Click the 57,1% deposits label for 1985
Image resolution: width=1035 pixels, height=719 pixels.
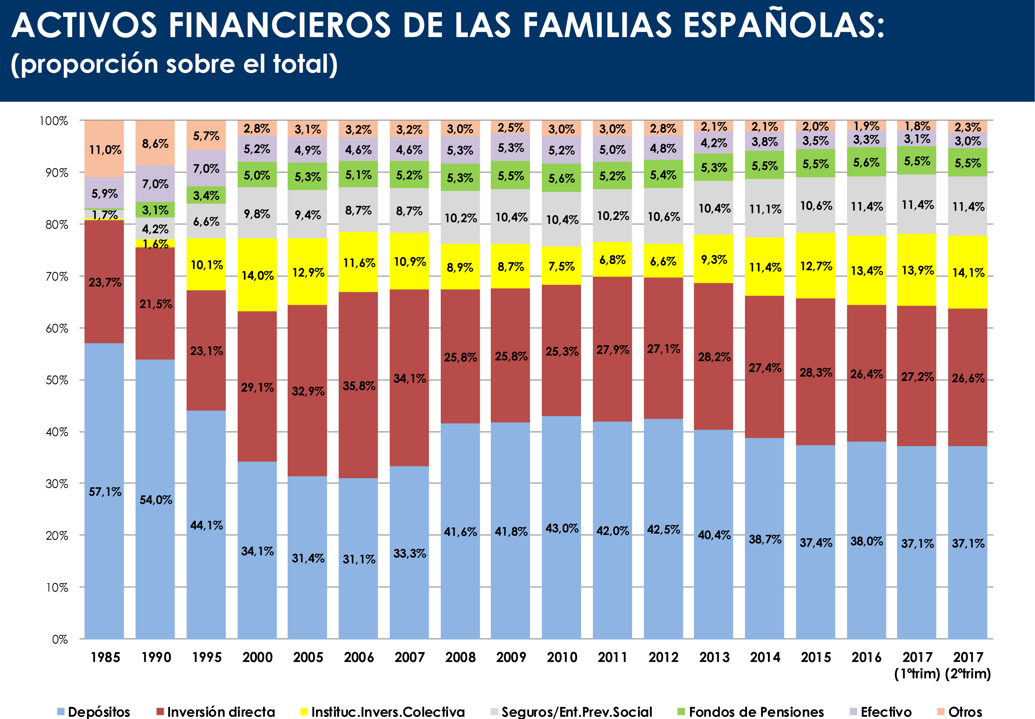pyautogui.click(x=105, y=492)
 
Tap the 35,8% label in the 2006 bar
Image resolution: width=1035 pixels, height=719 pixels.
pyautogui.click(x=359, y=386)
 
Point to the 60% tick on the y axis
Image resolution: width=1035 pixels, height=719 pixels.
pyautogui.click(x=57, y=328)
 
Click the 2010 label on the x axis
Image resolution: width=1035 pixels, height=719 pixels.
pyautogui.click(x=562, y=657)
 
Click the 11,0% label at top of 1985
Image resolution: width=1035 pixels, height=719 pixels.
pyautogui.click(x=105, y=150)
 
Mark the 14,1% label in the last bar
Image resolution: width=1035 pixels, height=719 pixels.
pyautogui.click(x=968, y=273)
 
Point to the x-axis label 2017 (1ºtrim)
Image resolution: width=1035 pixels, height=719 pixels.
pyautogui.click(x=917, y=665)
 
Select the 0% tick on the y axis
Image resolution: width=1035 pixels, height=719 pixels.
pyautogui.click(x=60, y=639)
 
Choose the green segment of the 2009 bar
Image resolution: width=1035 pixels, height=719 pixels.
pyautogui.click(x=510, y=175)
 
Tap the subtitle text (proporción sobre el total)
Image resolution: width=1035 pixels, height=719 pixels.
pyautogui.click(x=174, y=64)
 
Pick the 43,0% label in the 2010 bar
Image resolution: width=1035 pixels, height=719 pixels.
pyautogui.click(x=562, y=528)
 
